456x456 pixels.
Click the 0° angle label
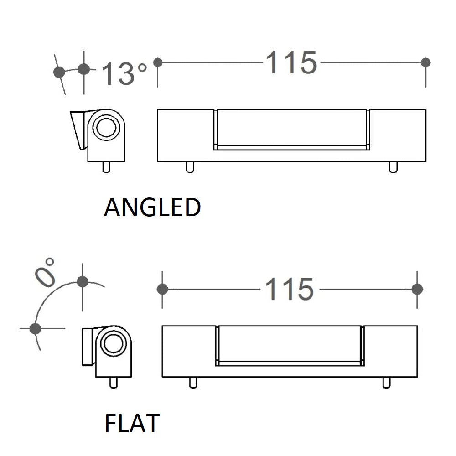46,272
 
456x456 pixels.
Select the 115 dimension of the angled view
291,62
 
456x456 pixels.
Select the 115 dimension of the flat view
290,289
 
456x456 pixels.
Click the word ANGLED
152,207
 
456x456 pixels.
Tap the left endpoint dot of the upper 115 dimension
158,62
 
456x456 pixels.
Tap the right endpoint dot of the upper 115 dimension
425,62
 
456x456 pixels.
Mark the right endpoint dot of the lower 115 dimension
417,289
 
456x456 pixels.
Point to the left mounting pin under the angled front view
190,167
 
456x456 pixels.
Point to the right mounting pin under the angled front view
393,167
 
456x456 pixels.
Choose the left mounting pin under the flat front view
193,382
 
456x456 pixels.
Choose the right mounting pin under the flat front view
387,382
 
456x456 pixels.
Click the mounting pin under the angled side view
106,167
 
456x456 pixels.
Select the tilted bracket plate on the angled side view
78,130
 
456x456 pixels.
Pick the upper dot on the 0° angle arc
83,282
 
